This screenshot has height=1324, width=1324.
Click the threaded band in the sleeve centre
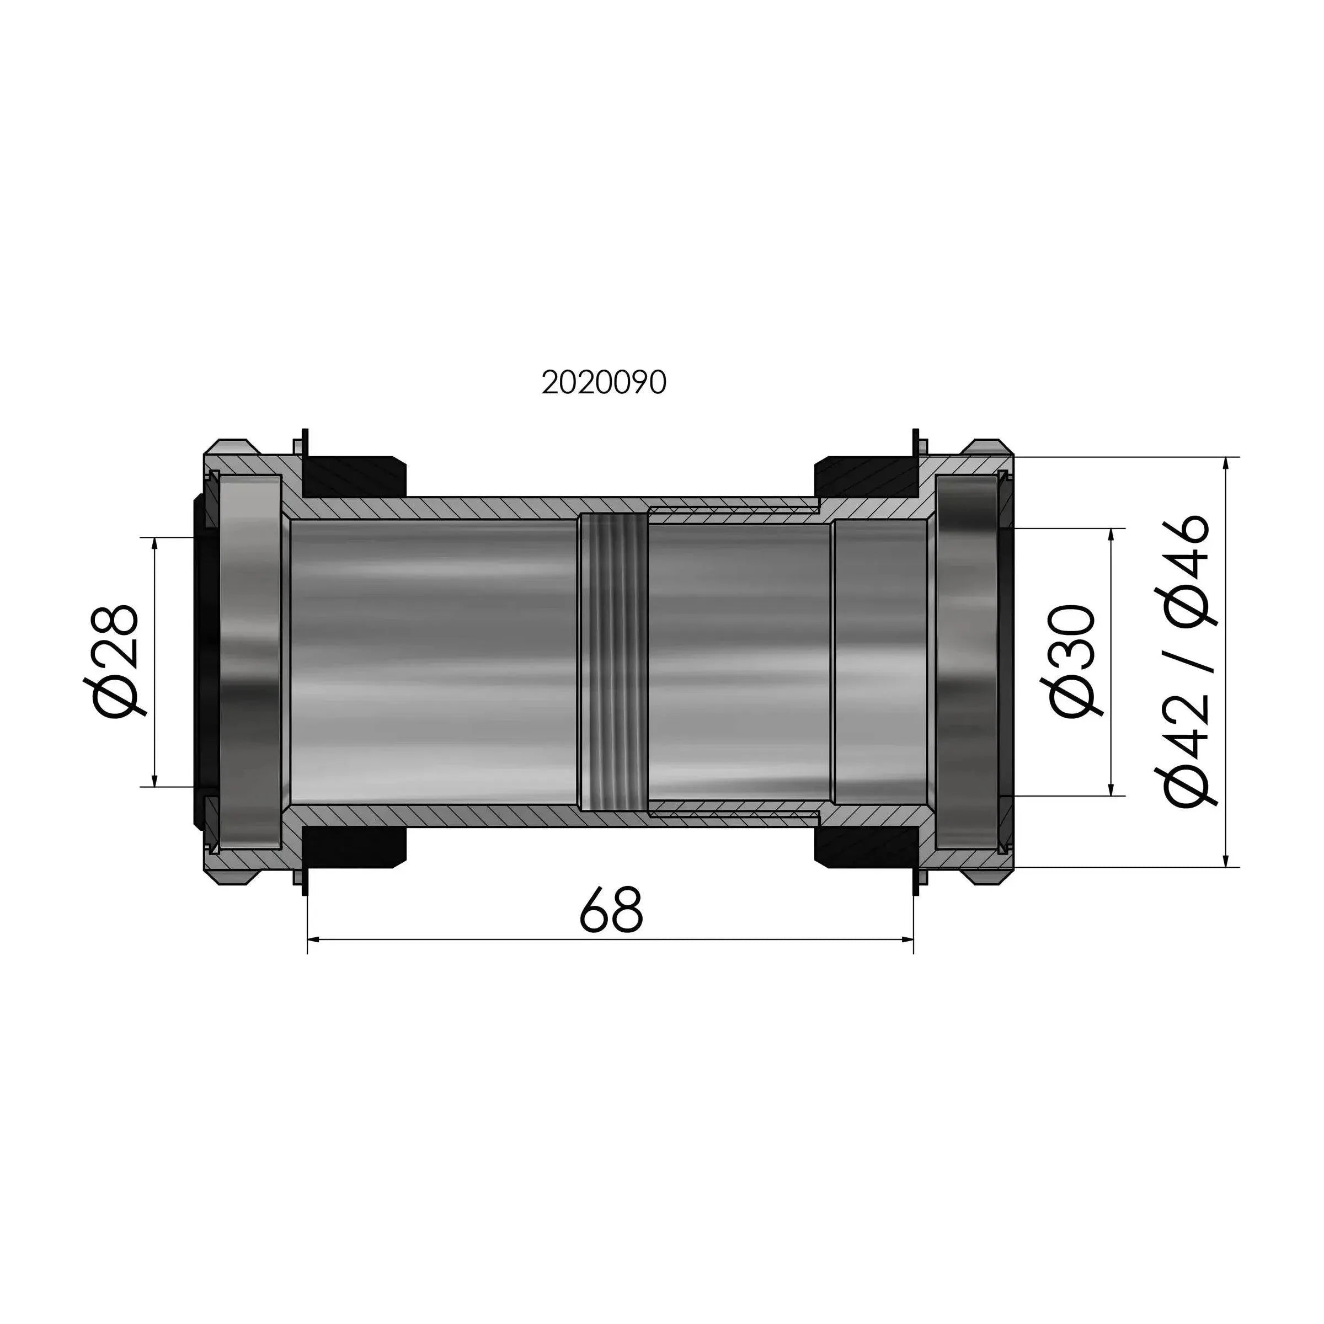coord(613,662)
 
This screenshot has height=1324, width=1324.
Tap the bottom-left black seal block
coord(354,848)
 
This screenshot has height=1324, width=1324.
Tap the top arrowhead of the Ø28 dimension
coord(156,544)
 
